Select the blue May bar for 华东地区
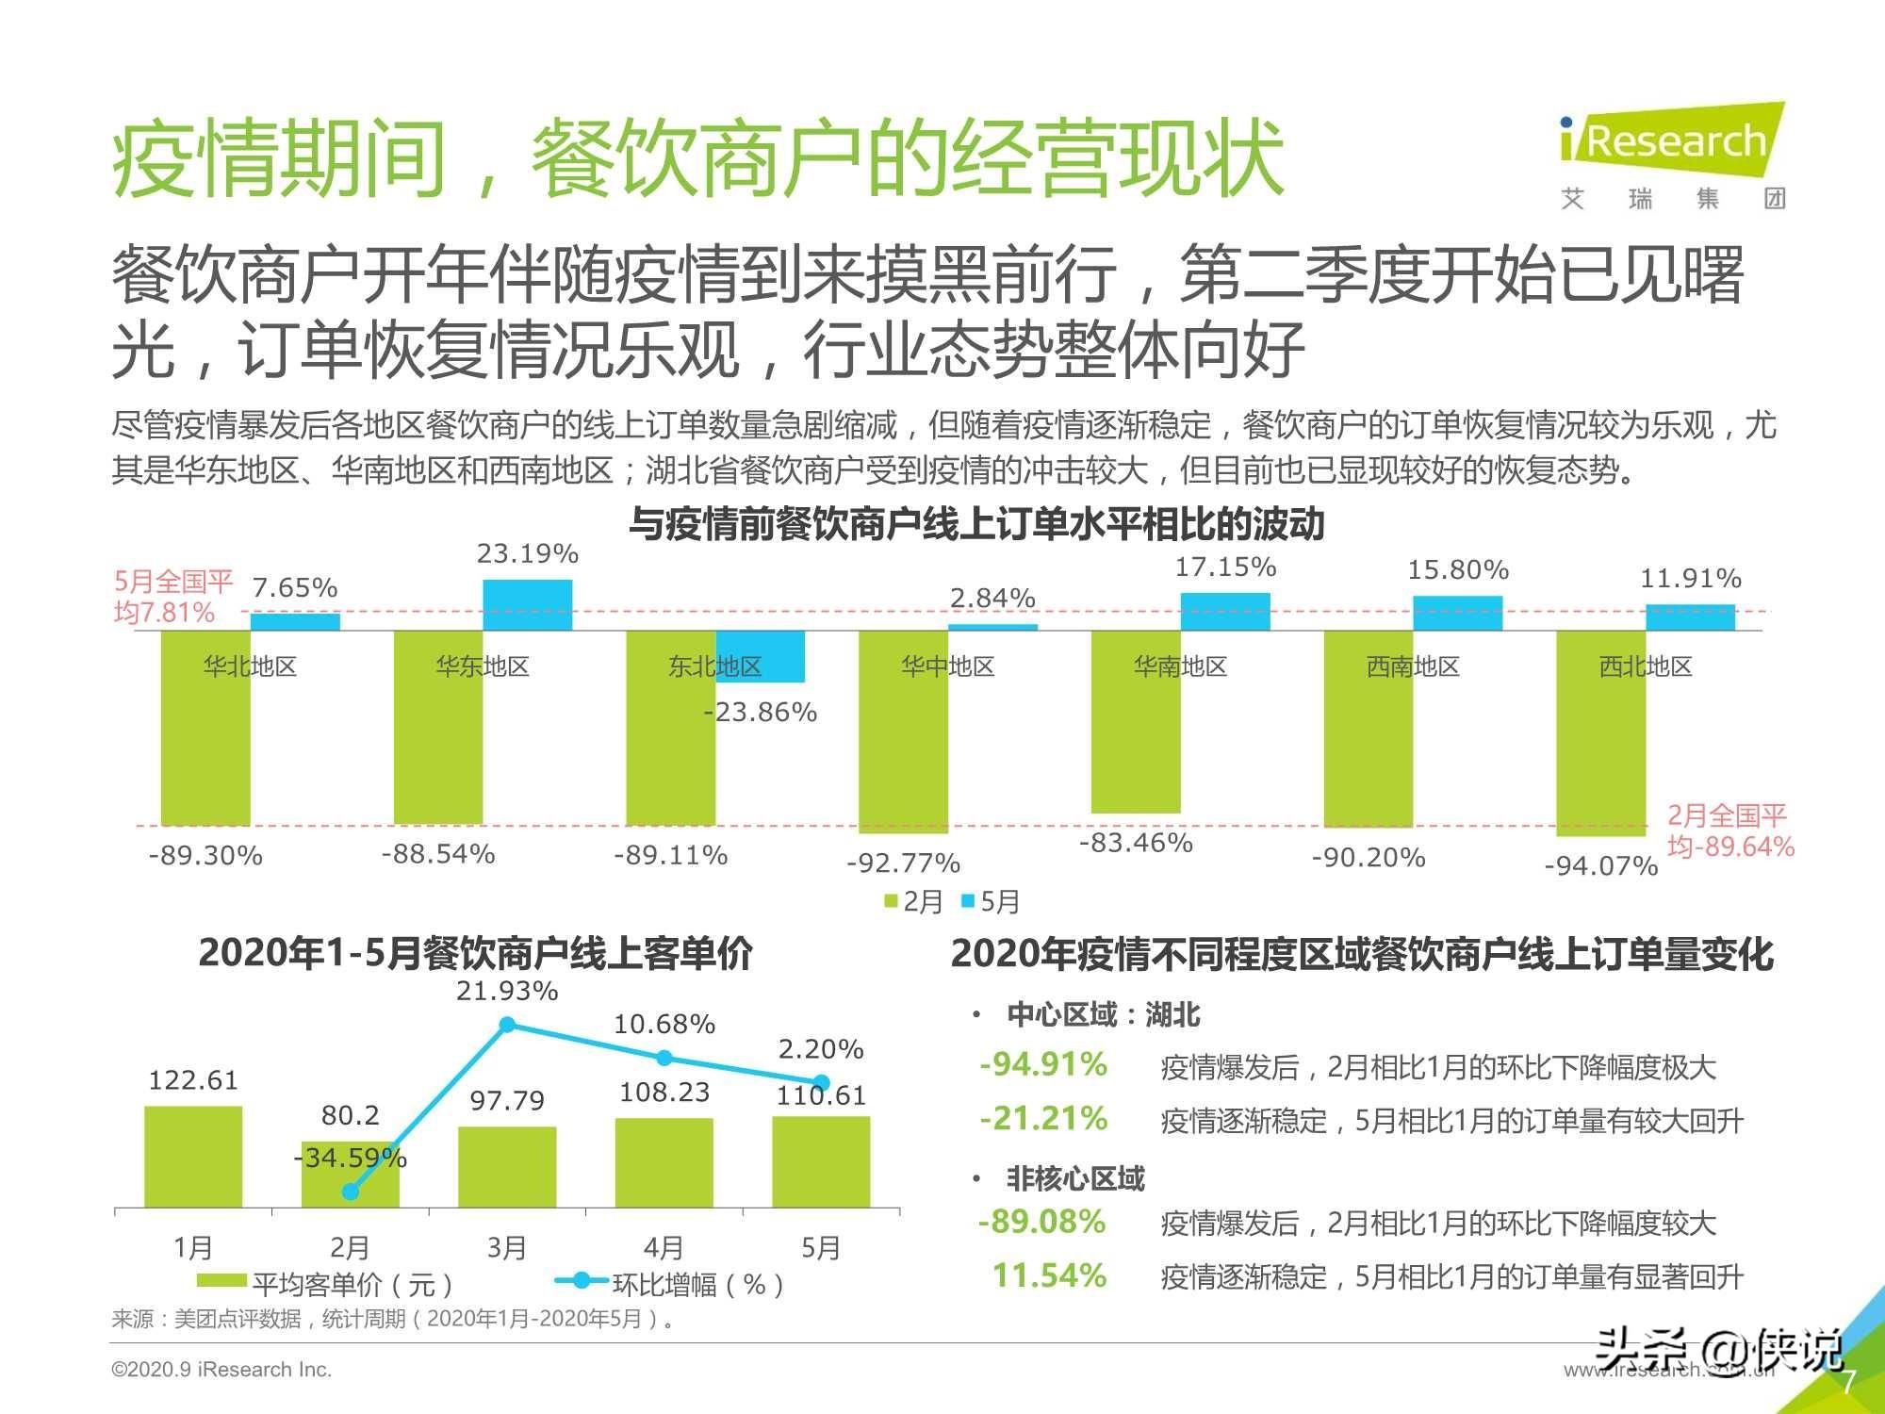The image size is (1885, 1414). (x=527, y=605)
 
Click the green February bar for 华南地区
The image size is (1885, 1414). (x=1136, y=721)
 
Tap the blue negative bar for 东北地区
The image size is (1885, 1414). (x=761, y=656)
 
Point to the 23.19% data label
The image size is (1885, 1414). (x=527, y=553)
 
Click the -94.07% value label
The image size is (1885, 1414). (x=1600, y=865)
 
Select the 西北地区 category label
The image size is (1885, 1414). (x=1646, y=666)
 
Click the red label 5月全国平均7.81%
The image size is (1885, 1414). (x=173, y=597)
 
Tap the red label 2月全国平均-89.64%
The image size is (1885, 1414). (x=1730, y=830)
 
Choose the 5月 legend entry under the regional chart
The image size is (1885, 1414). (x=991, y=902)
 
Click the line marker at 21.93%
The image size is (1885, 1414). (x=507, y=1025)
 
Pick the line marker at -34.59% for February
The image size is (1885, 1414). (x=351, y=1192)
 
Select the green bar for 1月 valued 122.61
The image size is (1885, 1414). (x=193, y=1157)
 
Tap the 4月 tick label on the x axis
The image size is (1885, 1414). (x=664, y=1247)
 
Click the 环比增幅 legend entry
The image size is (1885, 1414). (x=669, y=1283)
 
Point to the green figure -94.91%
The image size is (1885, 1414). (x=1043, y=1064)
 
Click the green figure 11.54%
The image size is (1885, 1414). (x=1049, y=1275)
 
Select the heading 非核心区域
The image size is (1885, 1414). (x=1075, y=1178)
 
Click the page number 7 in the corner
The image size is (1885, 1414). (x=1848, y=1382)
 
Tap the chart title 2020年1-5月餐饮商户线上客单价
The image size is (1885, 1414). (x=476, y=953)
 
